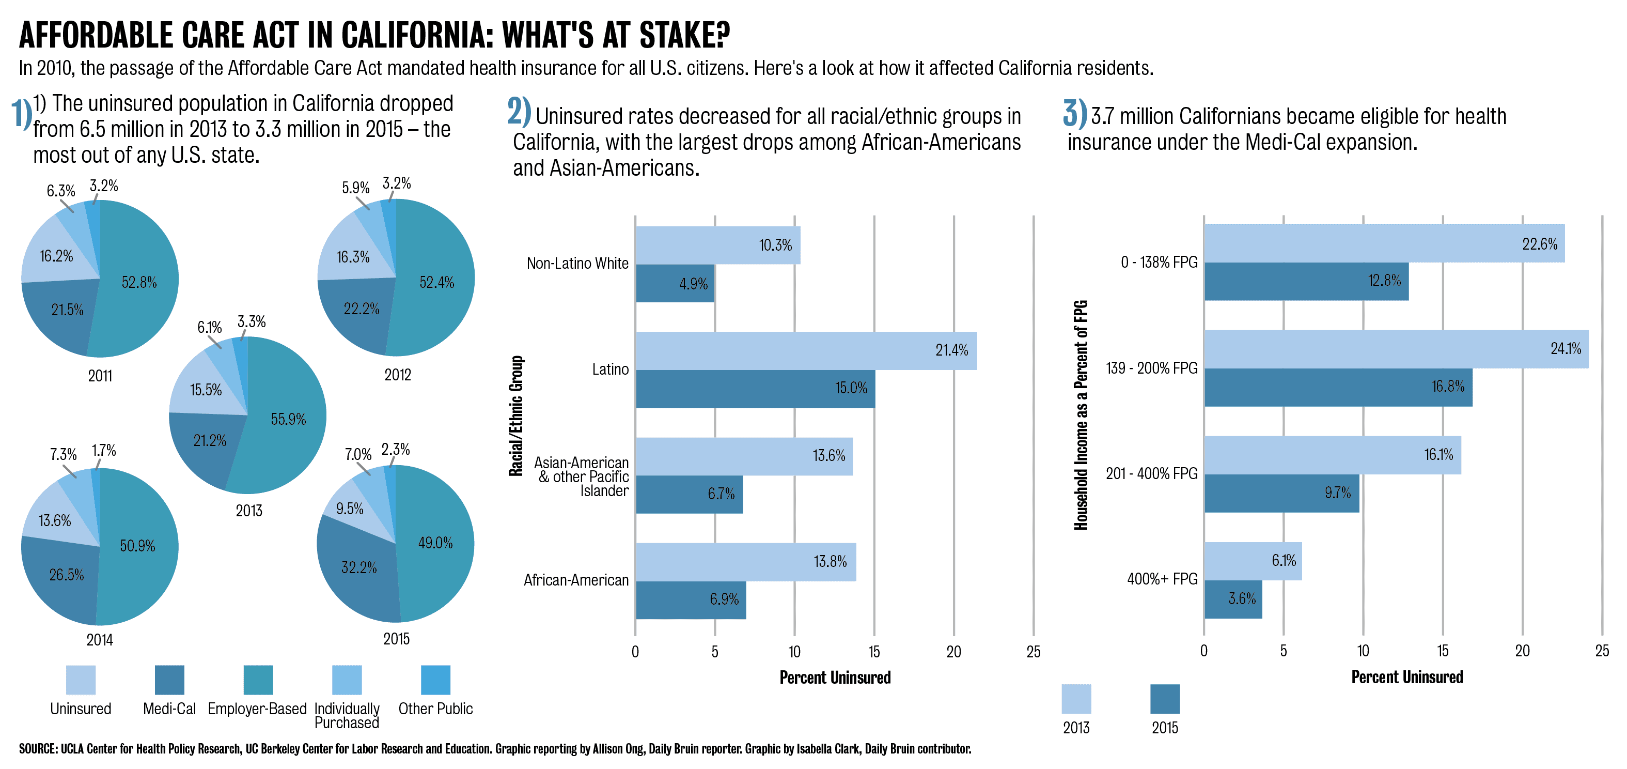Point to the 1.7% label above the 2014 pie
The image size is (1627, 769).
tap(104, 451)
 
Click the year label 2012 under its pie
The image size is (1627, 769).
tap(397, 375)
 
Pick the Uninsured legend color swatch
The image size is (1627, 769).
tap(81, 680)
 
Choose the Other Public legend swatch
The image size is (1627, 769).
tap(435, 680)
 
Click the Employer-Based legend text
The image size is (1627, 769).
tap(257, 709)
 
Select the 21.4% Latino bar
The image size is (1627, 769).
tap(805, 351)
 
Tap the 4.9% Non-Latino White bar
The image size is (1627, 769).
tap(675, 283)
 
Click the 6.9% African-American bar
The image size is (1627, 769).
tap(691, 599)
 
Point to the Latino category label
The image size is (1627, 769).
tap(610, 370)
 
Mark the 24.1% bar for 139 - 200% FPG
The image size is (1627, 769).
tap(1396, 349)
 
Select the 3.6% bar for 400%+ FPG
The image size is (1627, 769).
tap(1233, 599)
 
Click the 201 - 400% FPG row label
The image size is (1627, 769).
tap(1151, 474)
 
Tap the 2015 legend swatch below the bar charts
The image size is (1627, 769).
tap(1165, 699)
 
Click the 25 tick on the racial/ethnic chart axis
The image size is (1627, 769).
tap(1034, 652)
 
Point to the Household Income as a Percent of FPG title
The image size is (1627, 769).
tap(1081, 414)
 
